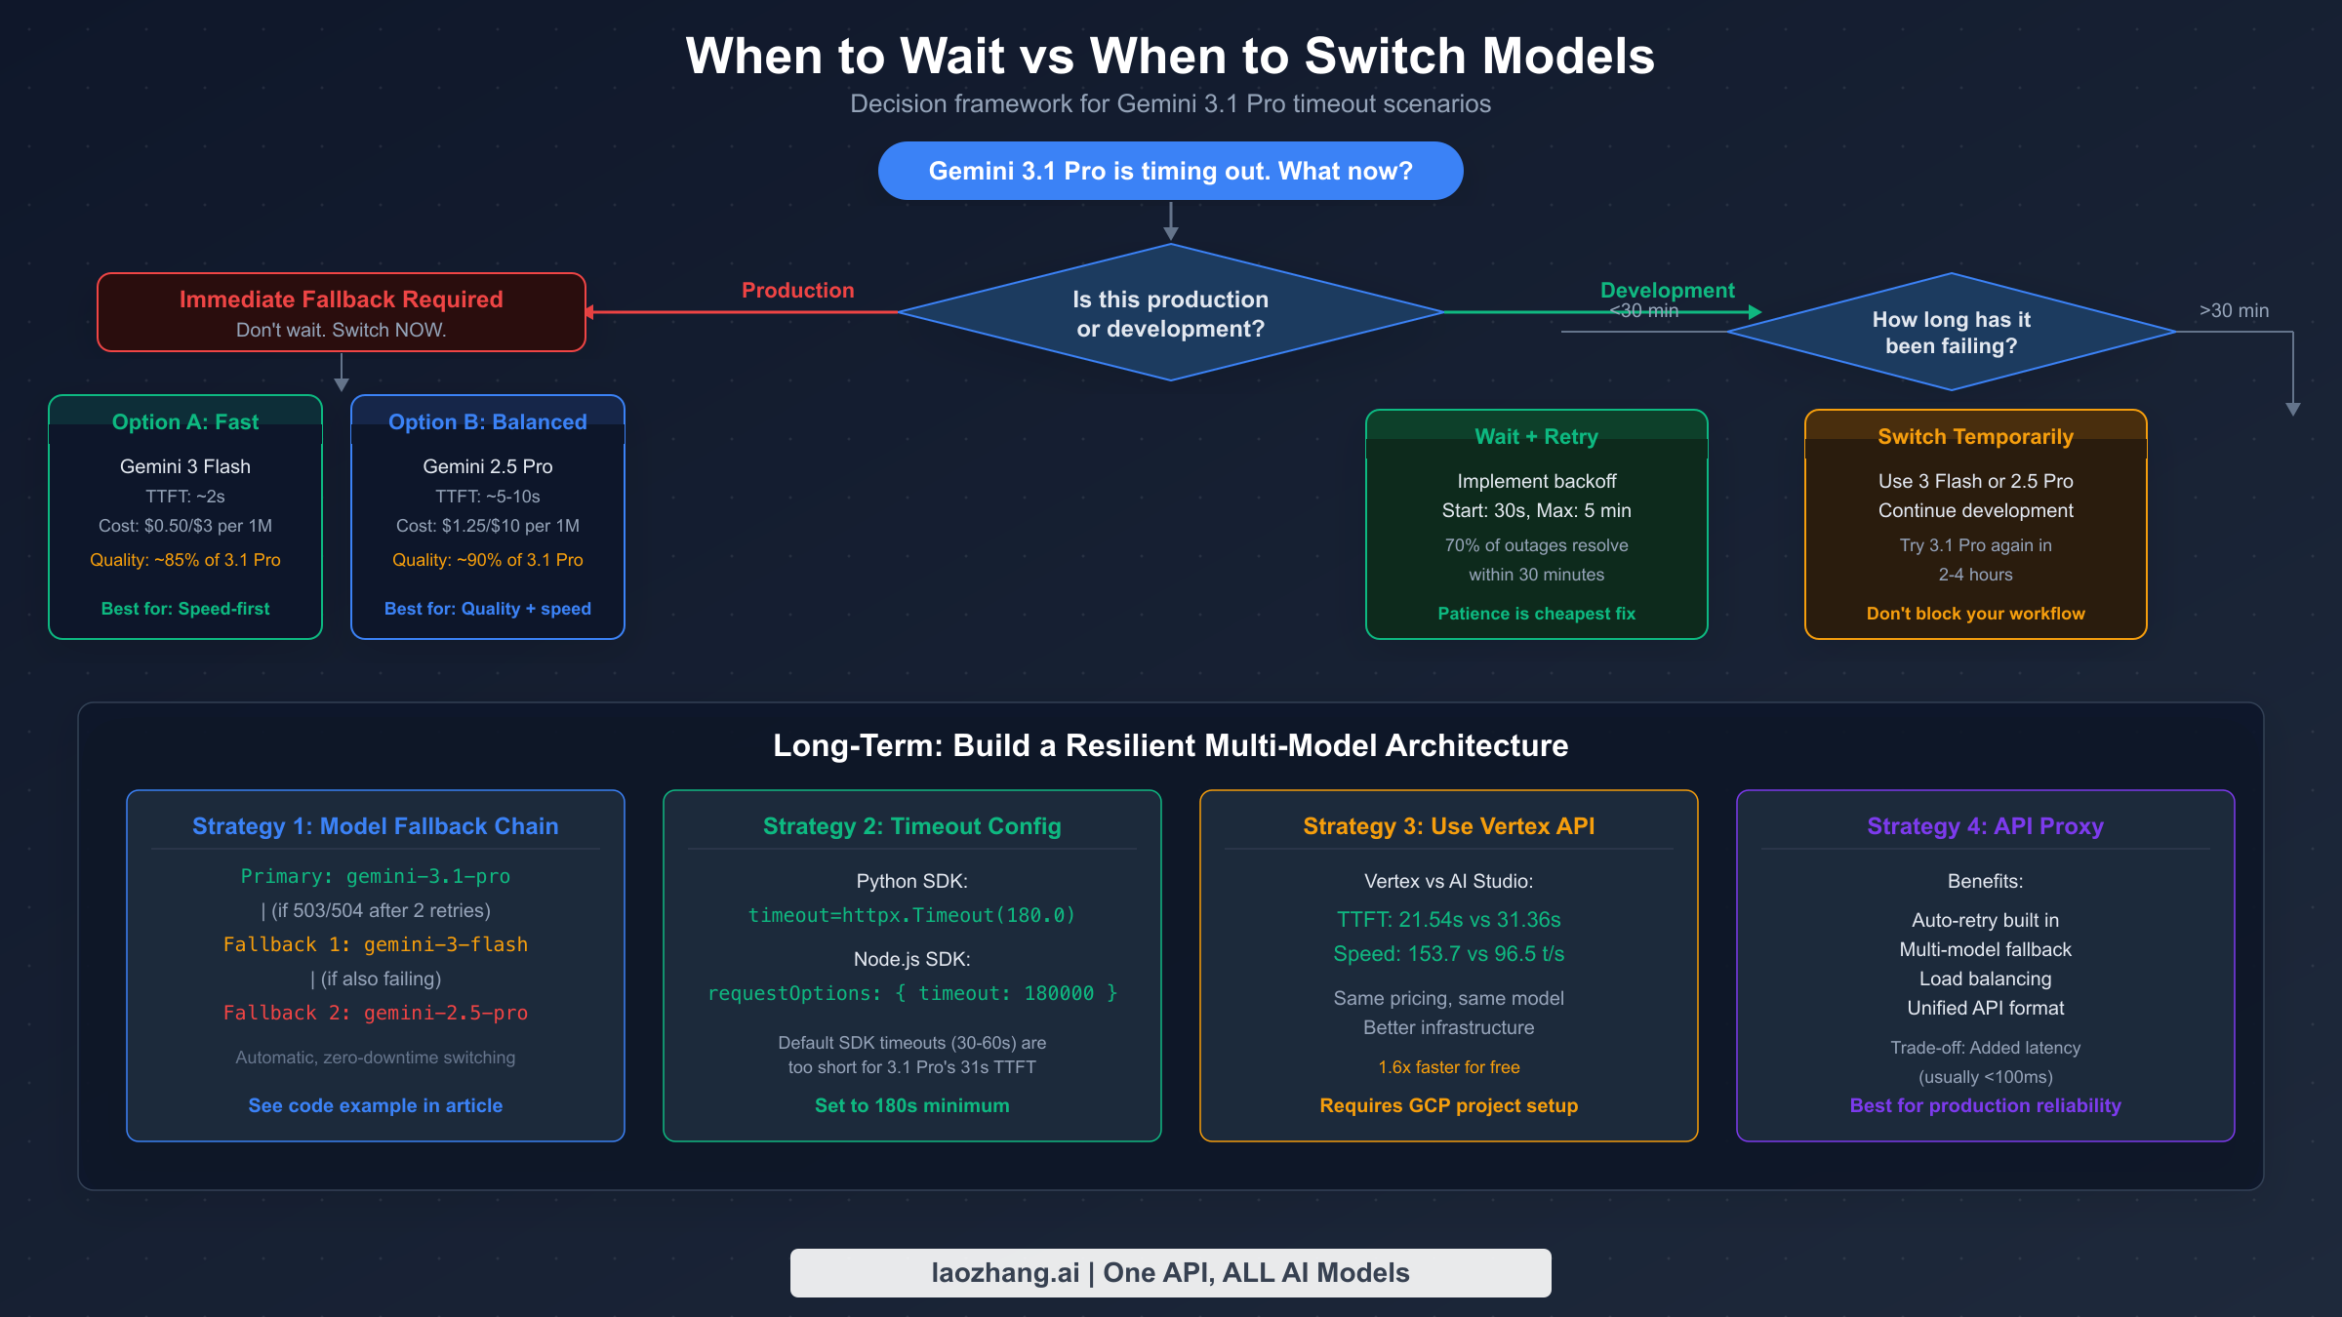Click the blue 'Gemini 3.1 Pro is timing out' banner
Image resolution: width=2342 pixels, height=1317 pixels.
pyautogui.click(x=1170, y=171)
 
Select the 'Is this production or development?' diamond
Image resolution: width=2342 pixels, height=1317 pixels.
pyautogui.click(x=1170, y=313)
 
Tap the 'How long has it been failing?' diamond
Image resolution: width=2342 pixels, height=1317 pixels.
pyautogui.click(x=1951, y=333)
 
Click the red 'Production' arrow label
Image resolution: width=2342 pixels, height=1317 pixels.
pyautogui.click(x=797, y=290)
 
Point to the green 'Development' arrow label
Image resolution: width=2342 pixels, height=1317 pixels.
pyautogui.click(x=1667, y=290)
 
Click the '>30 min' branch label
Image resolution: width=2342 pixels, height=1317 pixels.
pyautogui.click(x=2234, y=310)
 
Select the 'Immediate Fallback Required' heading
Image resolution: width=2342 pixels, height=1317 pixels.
pyautogui.click(x=341, y=299)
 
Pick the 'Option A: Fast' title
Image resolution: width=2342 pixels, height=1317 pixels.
pyautogui.click(x=185, y=421)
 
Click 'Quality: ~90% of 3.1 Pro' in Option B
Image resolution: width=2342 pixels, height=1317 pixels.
pyautogui.click(x=487, y=560)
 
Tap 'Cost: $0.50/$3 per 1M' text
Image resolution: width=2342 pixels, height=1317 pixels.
pyautogui.click(x=185, y=526)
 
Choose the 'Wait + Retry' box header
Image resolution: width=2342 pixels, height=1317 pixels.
pyautogui.click(x=1536, y=436)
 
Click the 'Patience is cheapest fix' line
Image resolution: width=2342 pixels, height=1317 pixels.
pyautogui.click(x=1536, y=614)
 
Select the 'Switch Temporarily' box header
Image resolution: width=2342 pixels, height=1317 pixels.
pyautogui.click(x=1975, y=436)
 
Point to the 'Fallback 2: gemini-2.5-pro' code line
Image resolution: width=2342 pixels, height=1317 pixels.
pyautogui.click(x=375, y=1013)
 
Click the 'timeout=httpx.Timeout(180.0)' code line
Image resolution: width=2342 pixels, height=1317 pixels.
pyautogui.click(x=911, y=915)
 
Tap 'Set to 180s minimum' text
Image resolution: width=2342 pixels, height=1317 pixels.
pyautogui.click(x=911, y=1105)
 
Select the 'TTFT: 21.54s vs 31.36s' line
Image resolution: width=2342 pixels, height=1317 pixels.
pyautogui.click(x=1448, y=919)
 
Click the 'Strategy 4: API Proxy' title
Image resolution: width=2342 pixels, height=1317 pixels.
pyautogui.click(x=1985, y=826)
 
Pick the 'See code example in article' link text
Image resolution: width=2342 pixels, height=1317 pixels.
pyautogui.click(x=375, y=1105)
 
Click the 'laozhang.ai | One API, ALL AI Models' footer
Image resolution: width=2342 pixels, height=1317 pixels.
pyautogui.click(x=1170, y=1273)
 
